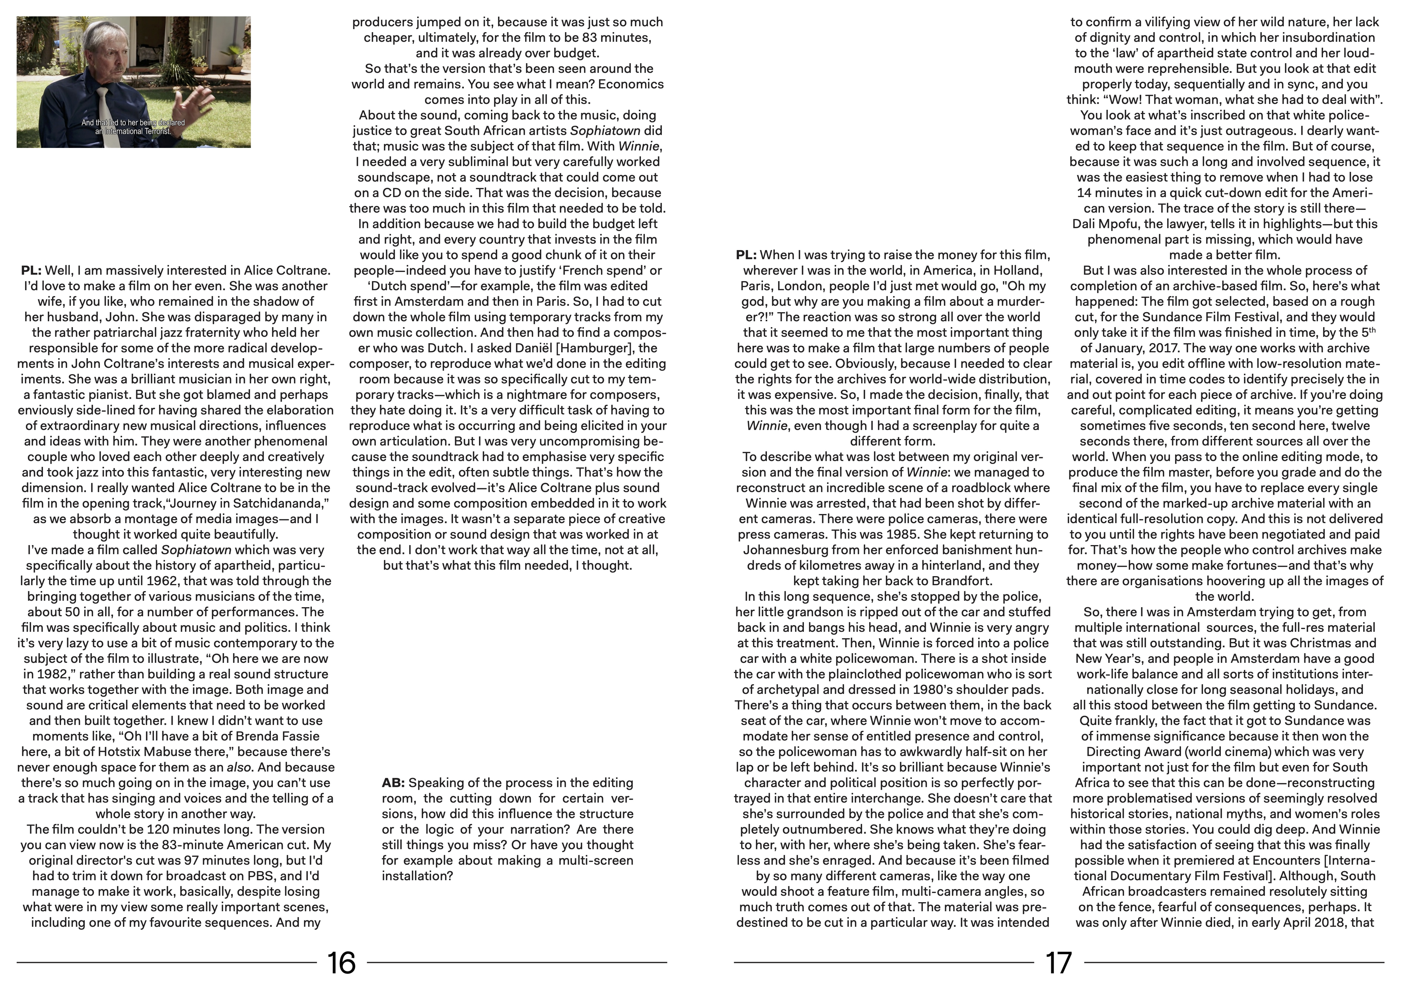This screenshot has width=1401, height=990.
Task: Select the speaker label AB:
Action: pos(393,782)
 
